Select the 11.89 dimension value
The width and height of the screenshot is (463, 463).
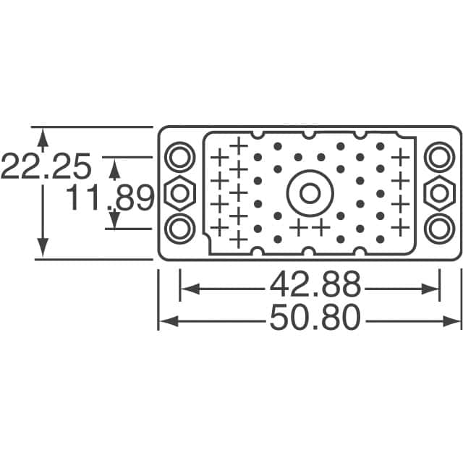pos(111,197)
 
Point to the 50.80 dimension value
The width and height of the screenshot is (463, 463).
pos(315,319)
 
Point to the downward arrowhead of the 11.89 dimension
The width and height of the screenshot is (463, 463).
pos(114,221)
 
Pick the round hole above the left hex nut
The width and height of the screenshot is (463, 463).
pos(180,156)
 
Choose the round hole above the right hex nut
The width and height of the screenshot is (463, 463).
pos(439,156)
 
